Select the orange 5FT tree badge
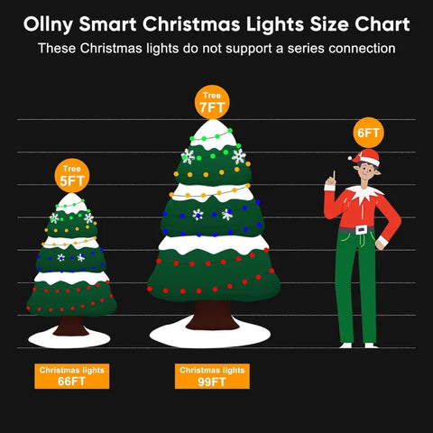(71, 174)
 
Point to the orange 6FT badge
(368, 134)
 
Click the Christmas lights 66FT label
(71, 376)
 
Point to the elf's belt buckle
(362, 230)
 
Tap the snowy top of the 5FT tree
(72, 202)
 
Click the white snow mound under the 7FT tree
(214, 329)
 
